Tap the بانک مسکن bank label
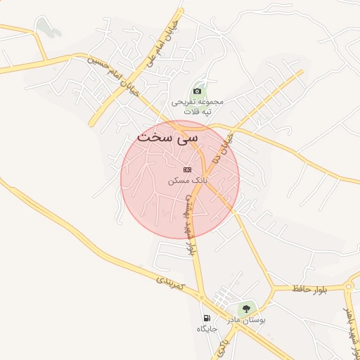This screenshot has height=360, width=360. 186,181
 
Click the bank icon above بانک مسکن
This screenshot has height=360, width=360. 186,169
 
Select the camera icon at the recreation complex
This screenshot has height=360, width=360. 198,91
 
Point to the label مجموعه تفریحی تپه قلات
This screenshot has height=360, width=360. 198,106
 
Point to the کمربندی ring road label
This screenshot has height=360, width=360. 170,284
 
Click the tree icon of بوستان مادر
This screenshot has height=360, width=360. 247,307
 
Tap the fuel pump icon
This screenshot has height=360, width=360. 206,317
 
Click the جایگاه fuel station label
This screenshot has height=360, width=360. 207,328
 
